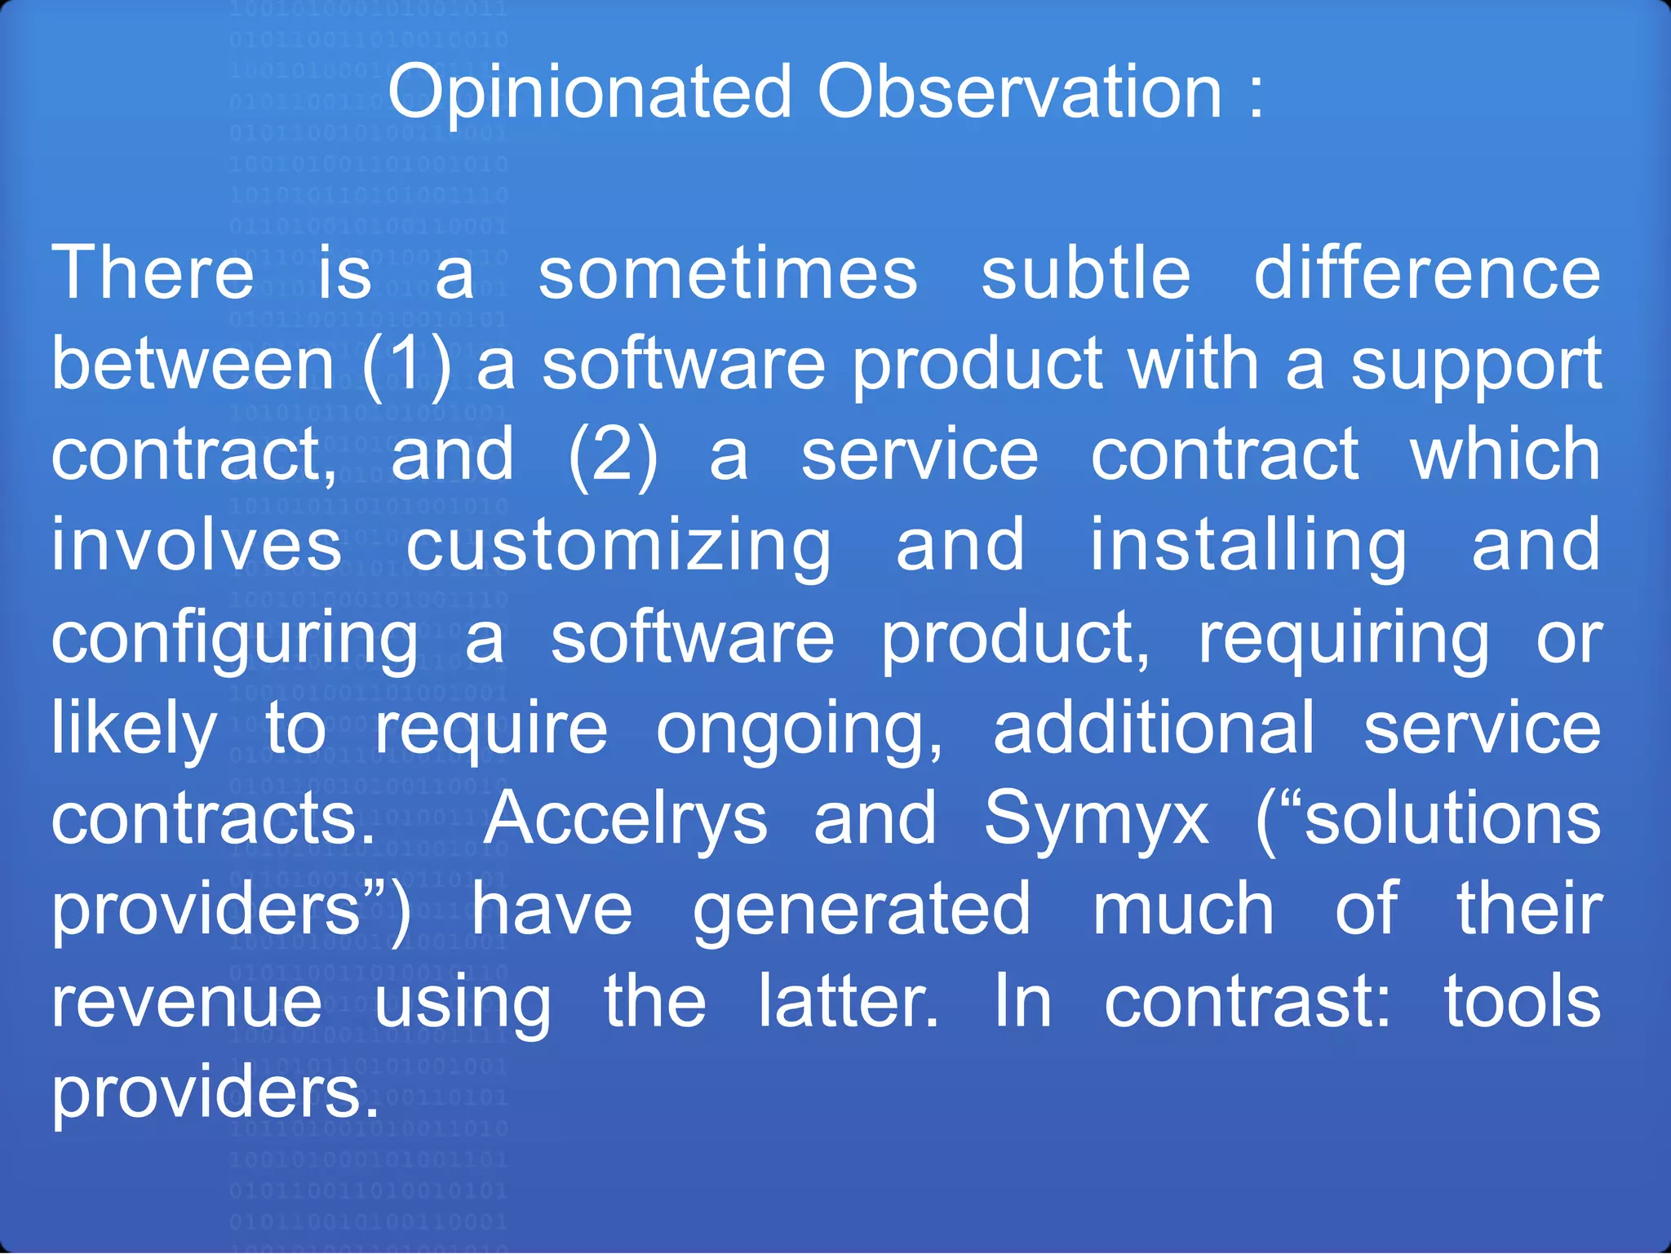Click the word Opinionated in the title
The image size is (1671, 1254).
coord(589,92)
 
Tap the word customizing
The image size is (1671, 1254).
coord(618,547)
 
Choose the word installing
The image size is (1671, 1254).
coord(1248,547)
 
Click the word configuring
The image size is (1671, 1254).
coord(235,639)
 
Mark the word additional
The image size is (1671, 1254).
coord(1154,729)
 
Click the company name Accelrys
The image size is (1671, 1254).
coord(625,820)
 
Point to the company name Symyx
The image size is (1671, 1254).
coord(1097,820)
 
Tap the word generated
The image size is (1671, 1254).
coord(862,911)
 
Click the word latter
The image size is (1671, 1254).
coord(849,1002)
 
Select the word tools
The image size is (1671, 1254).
coord(1523,1002)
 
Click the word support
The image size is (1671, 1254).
coord(1476,366)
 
